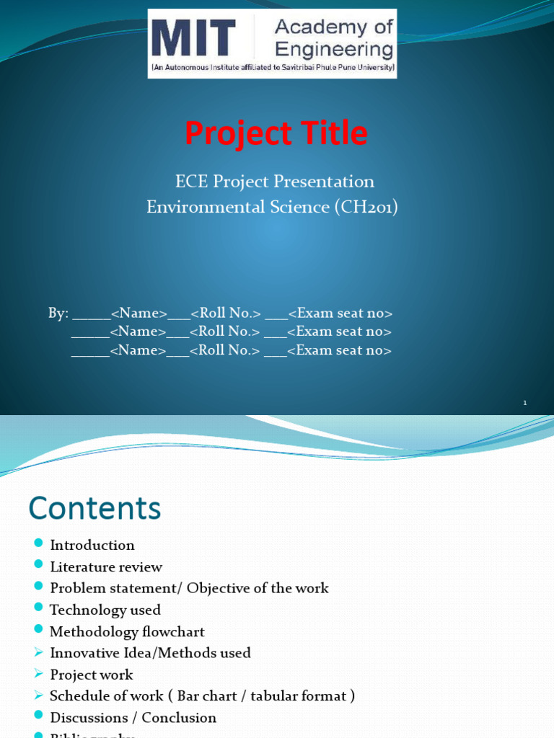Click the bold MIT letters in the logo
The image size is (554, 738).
pyautogui.click(x=193, y=38)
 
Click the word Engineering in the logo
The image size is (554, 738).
pyautogui.click(x=334, y=50)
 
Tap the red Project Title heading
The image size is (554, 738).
pyautogui.click(x=276, y=133)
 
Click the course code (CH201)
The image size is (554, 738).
pyautogui.click(x=366, y=208)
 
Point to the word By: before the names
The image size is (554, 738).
pyautogui.click(x=58, y=314)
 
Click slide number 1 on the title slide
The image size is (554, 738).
pyautogui.click(x=526, y=404)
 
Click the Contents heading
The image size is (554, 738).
pyautogui.click(x=94, y=509)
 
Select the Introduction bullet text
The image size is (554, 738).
pyautogui.click(x=92, y=546)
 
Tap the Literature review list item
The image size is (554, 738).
pyautogui.click(x=106, y=567)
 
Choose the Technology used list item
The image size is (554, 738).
pyautogui.click(x=105, y=610)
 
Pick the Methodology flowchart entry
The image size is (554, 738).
pyautogui.click(x=127, y=632)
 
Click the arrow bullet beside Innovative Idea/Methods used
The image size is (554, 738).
pyautogui.click(x=38, y=653)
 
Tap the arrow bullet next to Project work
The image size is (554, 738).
pyautogui.click(x=38, y=675)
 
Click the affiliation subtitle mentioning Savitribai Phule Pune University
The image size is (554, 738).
pyautogui.click(x=273, y=68)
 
